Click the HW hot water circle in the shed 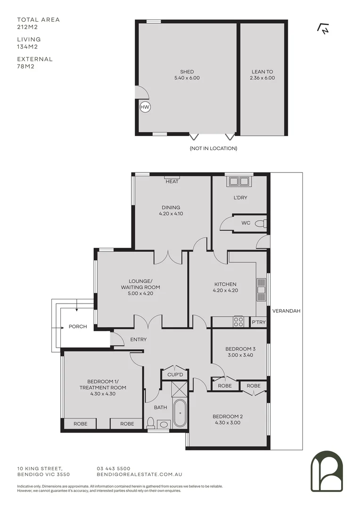pyautogui.click(x=145, y=107)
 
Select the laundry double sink pyautogui.click(x=239, y=181)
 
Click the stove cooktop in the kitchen pyautogui.click(x=239, y=322)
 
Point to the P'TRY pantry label pyautogui.click(x=258, y=322)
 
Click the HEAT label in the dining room pyautogui.click(x=172, y=181)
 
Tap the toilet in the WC pyautogui.click(x=262, y=223)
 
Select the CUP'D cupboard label pyautogui.click(x=174, y=375)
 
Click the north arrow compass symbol pyautogui.click(x=323, y=29)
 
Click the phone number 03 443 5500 pyautogui.click(x=113, y=468)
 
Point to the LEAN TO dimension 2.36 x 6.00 pyautogui.click(x=262, y=78)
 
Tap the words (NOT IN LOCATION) pyautogui.click(x=213, y=148)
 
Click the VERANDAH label pyautogui.click(x=286, y=311)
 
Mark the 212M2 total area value pyautogui.click(x=27, y=27)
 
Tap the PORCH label pyautogui.click(x=78, y=326)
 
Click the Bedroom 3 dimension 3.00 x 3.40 pyautogui.click(x=240, y=355)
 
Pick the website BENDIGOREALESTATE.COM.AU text pyautogui.click(x=139, y=475)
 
